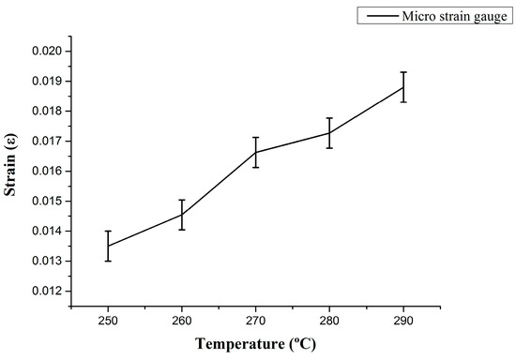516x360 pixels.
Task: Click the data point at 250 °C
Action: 108,246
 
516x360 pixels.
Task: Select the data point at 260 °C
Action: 181,215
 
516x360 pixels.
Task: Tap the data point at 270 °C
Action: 255,152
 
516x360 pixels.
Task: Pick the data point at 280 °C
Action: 329,132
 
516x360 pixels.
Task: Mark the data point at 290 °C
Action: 403,87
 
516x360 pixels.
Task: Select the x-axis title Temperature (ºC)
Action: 255,343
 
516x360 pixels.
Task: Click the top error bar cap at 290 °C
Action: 403,72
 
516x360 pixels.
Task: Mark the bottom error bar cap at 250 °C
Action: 108,261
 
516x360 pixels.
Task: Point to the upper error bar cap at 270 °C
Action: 255,137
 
